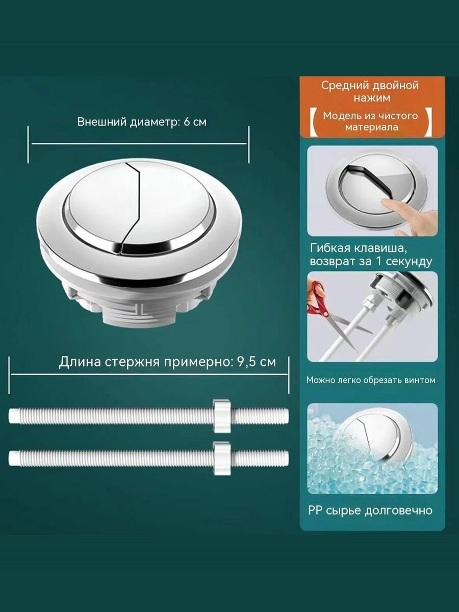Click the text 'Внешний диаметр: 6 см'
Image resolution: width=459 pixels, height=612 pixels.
point(142,122)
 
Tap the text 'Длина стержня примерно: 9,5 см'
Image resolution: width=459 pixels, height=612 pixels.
point(167,362)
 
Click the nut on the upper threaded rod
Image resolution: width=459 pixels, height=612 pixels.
point(222,416)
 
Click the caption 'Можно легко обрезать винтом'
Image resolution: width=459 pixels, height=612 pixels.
point(371,380)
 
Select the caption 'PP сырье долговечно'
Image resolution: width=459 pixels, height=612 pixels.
point(370,510)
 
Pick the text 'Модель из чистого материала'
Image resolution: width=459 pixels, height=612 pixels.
point(370,121)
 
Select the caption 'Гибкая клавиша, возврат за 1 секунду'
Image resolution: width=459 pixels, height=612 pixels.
point(371,255)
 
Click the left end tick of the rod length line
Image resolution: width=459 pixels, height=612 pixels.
point(10,375)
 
